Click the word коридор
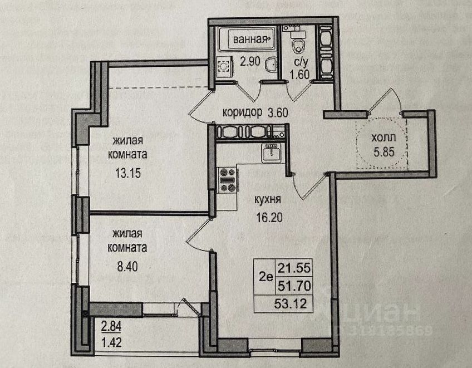242,112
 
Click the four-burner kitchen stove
228,180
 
